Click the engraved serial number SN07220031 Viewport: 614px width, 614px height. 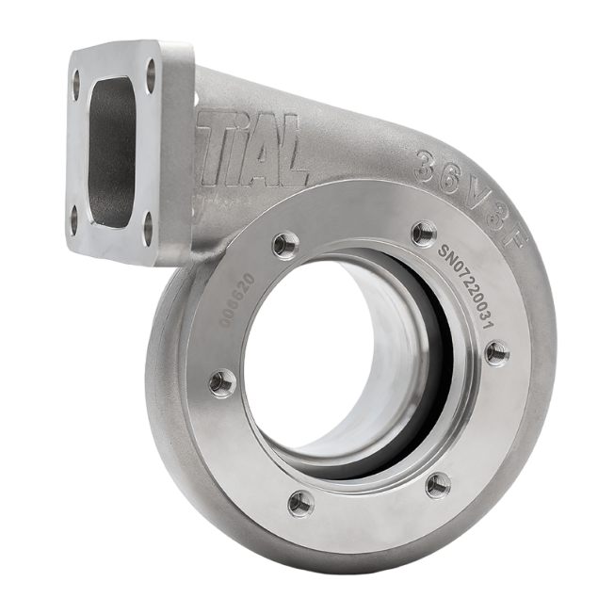(471, 286)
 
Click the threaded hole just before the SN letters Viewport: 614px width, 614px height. (424, 230)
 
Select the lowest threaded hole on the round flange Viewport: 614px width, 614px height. (301, 501)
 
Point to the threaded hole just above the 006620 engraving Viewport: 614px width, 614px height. (282, 245)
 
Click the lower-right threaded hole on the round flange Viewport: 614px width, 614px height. (436, 484)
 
